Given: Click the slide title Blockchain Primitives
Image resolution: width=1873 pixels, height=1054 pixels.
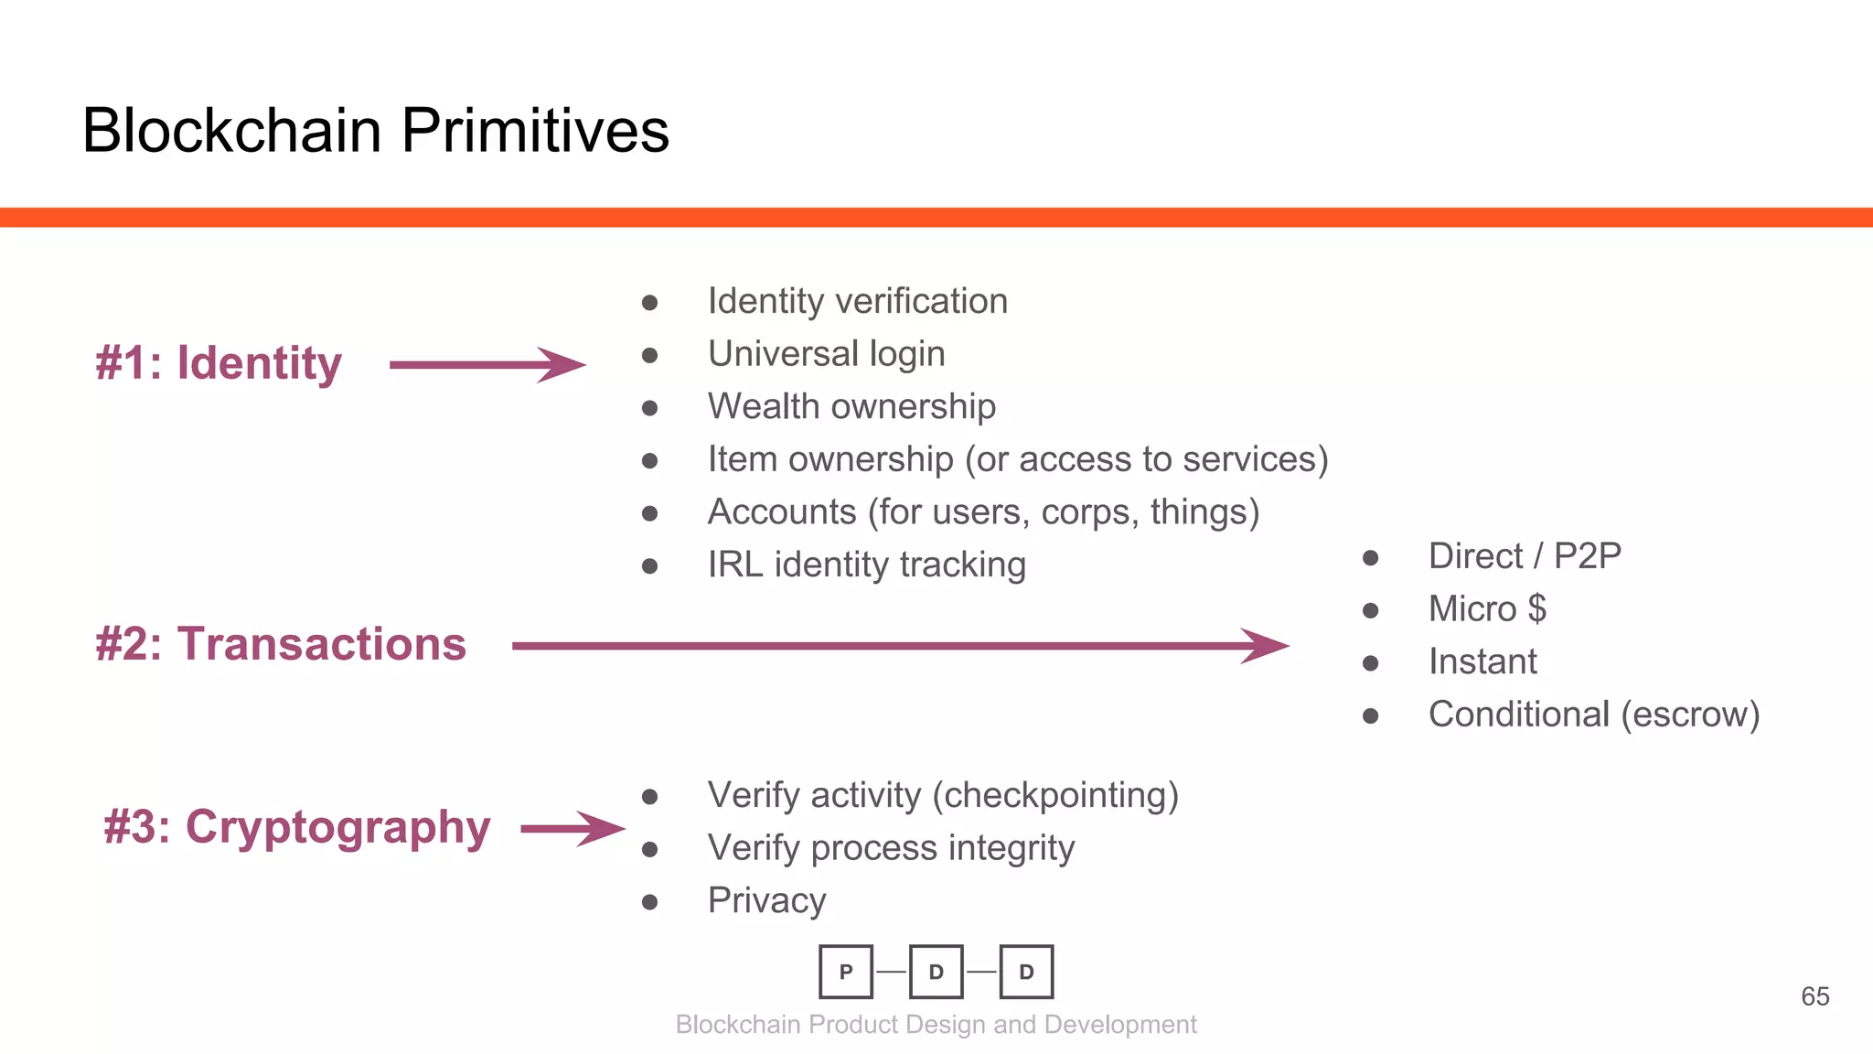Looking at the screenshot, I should [375, 130].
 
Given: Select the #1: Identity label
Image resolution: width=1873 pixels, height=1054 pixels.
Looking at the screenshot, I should [219, 363].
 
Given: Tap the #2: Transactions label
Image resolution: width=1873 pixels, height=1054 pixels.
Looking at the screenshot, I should [281, 644].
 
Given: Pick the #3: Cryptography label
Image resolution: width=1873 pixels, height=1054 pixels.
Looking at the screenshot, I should [297, 828].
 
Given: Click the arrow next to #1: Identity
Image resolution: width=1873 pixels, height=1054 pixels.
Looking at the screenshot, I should [487, 365].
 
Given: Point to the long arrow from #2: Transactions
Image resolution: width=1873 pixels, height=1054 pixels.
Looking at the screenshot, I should [900, 646].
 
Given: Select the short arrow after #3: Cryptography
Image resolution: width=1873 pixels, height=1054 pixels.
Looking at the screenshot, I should [573, 829].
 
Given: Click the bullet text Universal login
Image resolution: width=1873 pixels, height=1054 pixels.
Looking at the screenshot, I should [826, 354].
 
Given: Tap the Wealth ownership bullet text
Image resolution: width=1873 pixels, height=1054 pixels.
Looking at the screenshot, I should [851, 406].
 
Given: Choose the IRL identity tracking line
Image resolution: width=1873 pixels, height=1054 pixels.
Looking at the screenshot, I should [866, 565].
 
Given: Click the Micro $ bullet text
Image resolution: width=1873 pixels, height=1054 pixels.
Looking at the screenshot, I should [1487, 609].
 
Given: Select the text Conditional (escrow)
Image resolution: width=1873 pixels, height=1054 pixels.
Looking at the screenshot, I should [1593, 715].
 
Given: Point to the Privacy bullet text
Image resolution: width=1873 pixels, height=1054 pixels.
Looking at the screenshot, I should [766, 901].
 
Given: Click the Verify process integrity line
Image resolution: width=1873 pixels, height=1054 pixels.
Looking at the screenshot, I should [891, 848].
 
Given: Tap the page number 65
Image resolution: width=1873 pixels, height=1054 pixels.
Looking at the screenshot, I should [1814, 996].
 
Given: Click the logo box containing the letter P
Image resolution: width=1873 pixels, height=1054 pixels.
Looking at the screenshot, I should [846, 972].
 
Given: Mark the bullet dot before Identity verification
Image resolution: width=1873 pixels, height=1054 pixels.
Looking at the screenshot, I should [649, 303].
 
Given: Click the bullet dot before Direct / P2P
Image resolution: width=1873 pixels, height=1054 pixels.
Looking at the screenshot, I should [1370, 558].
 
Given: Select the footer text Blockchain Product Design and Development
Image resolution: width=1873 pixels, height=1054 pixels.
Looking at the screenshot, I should [936, 1025].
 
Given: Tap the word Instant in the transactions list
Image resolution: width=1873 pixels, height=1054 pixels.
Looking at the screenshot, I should [1482, 661].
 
